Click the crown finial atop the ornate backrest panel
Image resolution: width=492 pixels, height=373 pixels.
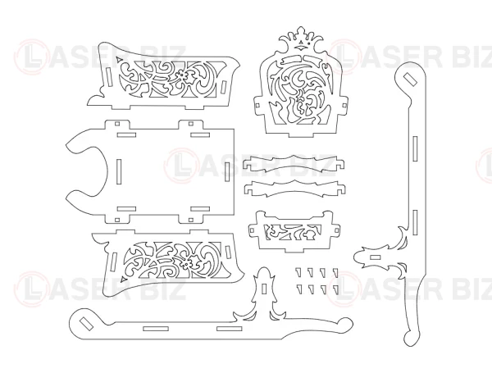301,39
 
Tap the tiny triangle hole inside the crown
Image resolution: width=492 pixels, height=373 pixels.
301,42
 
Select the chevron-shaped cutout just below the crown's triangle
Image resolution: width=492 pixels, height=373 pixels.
301,48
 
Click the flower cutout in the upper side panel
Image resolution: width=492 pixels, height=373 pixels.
183,76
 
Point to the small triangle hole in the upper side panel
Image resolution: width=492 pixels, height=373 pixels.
118,59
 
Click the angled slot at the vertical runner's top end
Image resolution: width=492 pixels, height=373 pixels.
410,80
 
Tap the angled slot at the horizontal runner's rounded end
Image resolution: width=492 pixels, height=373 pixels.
86,323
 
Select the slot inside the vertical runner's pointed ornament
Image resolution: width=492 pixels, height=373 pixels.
375,258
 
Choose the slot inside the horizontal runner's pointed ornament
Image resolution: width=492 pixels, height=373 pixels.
264,289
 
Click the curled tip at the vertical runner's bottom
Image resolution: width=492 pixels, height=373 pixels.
411,339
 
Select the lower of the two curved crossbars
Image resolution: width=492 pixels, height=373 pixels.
294,189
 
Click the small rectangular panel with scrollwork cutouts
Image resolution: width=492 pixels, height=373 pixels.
294,231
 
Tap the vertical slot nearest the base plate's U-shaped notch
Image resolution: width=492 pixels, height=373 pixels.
119,171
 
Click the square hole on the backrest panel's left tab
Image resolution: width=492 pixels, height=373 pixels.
258,104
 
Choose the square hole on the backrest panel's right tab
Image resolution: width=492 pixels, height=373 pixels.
344,105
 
